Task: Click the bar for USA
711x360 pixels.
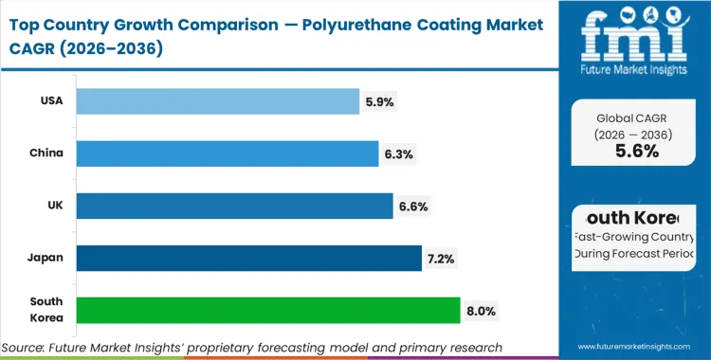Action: (x=217, y=101)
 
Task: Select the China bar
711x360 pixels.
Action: (x=227, y=153)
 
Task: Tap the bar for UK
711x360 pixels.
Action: (x=234, y=206)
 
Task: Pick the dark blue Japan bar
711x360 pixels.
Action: (x=248, y=258)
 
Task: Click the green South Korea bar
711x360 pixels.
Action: (x=268, y=310)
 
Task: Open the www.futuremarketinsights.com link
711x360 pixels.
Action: (x=636, y=348)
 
